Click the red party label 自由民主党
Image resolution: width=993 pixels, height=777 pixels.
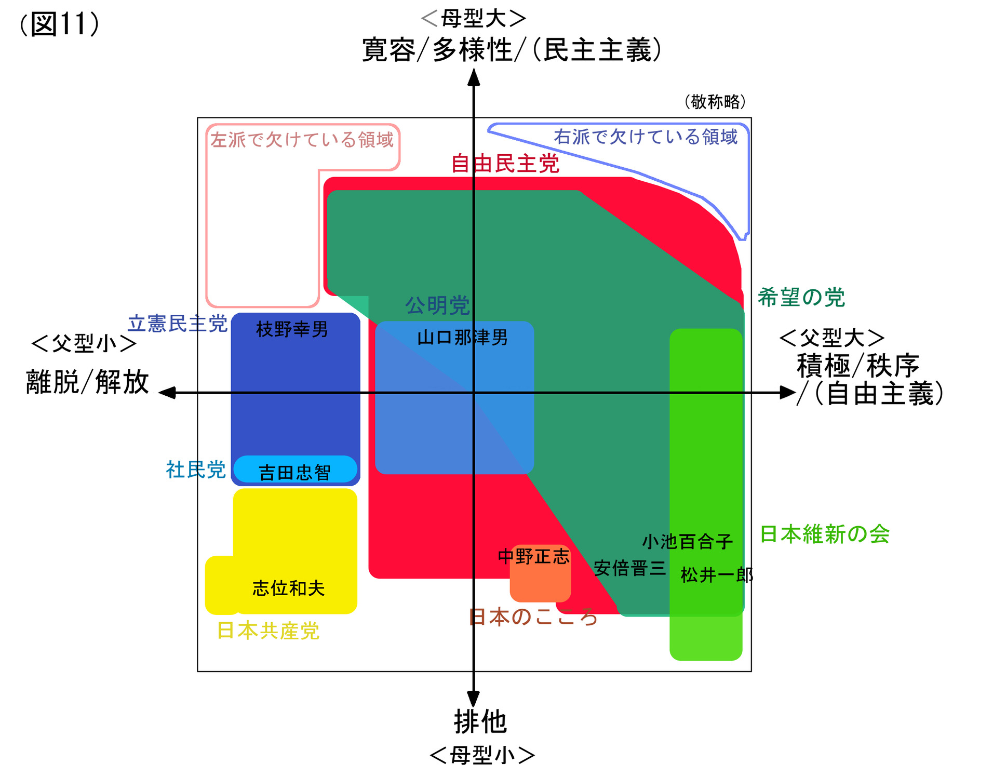point(505,164)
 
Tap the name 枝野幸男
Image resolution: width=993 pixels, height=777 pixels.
point(292,329)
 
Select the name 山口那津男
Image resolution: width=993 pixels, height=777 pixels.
point(462,338)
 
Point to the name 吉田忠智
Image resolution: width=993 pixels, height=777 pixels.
point(294,473)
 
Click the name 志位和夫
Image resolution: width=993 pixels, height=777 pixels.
point(288,588)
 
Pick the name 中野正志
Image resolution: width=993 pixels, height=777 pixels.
point(533,557)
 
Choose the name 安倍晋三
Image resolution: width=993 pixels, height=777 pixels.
point(629,568)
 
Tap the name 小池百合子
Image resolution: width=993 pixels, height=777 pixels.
point(687,542)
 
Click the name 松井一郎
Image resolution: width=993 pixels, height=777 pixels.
point(717,575)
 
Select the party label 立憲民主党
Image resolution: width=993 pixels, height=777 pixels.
point(177,324)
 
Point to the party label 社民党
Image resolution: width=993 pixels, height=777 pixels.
point(196,470)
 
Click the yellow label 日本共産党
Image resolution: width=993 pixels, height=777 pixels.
point(268,631)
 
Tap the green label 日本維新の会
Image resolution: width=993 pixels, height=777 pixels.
point(825,534)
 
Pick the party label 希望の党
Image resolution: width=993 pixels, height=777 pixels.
point(801,298)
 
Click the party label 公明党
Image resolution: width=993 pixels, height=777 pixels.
point(437,305)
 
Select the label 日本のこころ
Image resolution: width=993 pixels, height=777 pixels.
point(533,617)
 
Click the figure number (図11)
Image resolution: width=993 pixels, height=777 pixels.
point(59,24)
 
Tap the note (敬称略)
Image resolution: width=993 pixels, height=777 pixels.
point(715,102)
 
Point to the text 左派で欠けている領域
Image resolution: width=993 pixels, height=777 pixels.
point(302,140)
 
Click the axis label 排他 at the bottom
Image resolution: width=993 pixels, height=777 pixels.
point(480,722)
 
